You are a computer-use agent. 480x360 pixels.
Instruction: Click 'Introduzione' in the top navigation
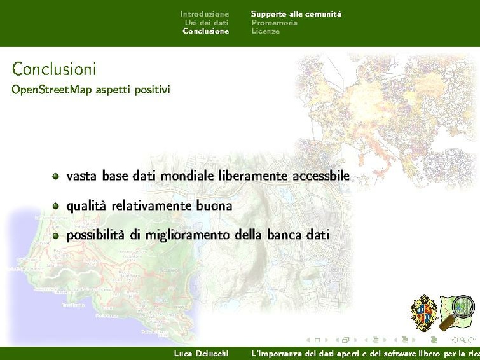[204, 13]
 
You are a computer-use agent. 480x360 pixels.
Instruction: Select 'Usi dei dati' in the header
[206, 22]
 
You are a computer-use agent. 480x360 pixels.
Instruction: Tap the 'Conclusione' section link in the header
[205, 31]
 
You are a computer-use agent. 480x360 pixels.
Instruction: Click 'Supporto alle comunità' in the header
[296, 13]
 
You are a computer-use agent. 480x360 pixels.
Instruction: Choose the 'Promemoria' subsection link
[274, 22]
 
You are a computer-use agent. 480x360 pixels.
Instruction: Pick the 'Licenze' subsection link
[265, 31]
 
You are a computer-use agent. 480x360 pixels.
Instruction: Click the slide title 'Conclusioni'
[54, 69]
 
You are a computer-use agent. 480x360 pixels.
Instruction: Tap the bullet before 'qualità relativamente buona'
[56, 206]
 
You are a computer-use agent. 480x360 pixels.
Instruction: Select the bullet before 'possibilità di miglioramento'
[56, 235]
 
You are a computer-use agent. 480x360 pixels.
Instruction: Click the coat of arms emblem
[424, 312]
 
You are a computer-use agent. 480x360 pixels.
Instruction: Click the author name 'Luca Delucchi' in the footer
[201, 353]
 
